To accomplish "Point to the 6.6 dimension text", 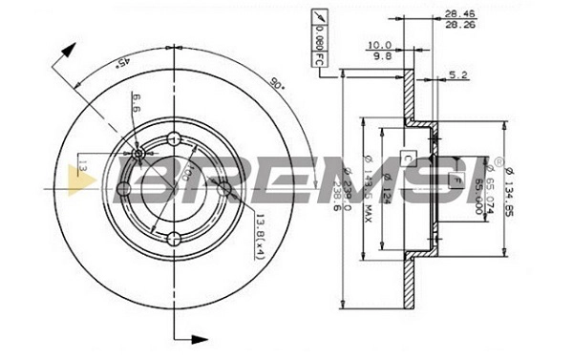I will (138, 103).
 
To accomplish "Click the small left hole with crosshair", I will (139, 154).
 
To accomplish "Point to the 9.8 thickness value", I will (382, 55).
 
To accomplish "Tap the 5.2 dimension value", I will (457, 74).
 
